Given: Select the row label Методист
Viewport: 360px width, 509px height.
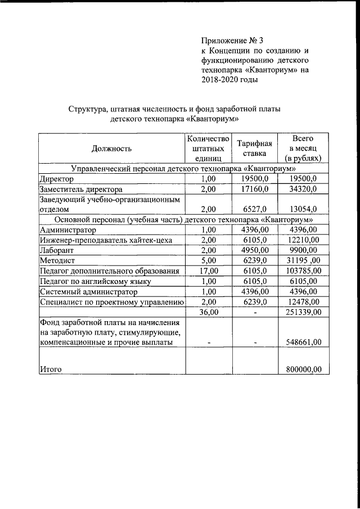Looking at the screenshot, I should tap(58, 261).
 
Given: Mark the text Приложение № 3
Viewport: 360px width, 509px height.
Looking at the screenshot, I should tap(232, 40).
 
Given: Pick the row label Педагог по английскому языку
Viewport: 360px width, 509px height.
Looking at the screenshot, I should tap(95, 281).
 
